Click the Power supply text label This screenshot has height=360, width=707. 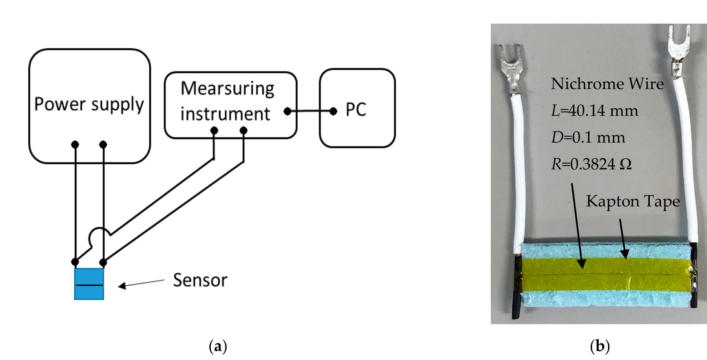coord(89,104)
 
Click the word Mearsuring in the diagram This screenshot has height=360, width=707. coord(227,89)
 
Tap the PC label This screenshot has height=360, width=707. coord(356,110)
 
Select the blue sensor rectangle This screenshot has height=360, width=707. coord(89,284)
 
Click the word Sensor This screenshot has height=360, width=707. coord(200,280)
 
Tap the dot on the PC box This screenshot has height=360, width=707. coord(333,111)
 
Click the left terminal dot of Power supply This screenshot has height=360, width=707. coord(75,145)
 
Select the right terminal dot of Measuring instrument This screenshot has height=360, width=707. coord(243,130)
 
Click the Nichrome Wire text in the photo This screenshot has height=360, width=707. coord(607,84)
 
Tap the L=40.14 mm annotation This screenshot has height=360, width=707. coord(594,111)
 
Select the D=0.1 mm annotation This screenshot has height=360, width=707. coord(588,137)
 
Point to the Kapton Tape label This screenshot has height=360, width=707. coord(633,201)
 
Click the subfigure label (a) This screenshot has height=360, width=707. coord(217,346)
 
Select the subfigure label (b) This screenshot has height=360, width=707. coord(600,346)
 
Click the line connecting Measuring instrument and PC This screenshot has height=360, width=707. coord(310,111)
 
